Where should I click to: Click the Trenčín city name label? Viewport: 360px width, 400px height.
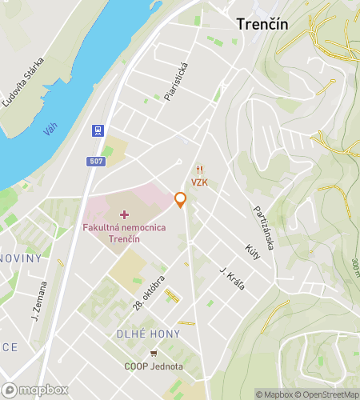(262, 24)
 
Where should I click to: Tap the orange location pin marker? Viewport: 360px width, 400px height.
(181, 200)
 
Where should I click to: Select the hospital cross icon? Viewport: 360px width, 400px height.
(124, 214)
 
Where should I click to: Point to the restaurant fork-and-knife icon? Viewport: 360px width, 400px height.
(200, 169)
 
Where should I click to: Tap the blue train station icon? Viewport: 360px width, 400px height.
(97, 129)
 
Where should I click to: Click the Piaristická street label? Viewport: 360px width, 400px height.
(175, 82)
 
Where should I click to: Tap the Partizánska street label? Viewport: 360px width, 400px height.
(264, 227)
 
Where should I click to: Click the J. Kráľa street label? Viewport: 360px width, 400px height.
(232, 278)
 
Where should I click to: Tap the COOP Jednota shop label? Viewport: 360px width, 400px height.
(153, 366)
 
